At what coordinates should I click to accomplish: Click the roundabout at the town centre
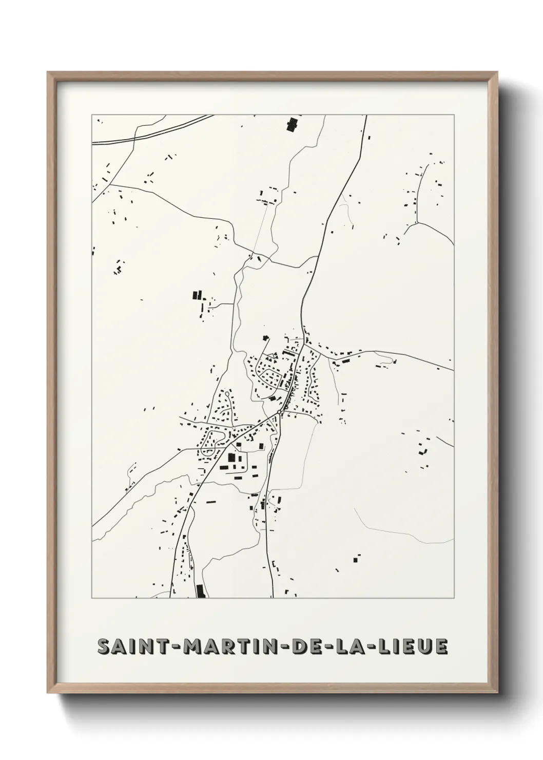click(x=279, y=412)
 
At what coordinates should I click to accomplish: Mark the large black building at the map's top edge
click(x=292, y=125)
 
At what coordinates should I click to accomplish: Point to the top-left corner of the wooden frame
click(x=49, y=73)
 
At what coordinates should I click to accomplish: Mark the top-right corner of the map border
click(x=454, y=115)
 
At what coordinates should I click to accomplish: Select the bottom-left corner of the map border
click(x=92, y=598)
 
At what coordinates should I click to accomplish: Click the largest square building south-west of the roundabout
click(x=231, y=457)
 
